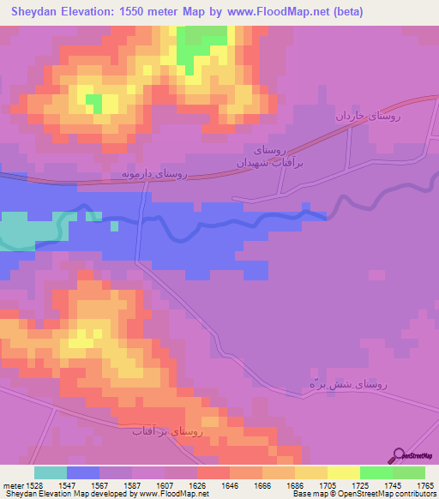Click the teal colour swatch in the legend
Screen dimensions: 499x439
(x=51, y=472)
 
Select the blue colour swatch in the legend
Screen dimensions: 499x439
(x=83, y=472)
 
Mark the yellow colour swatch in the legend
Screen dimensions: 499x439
(x=344, y=472)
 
